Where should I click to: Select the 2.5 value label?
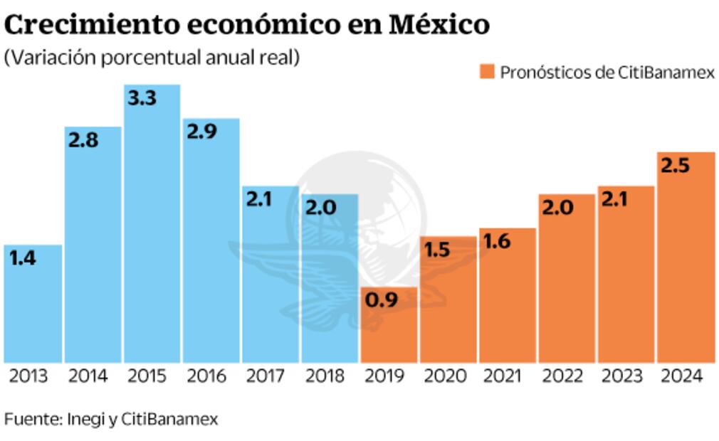(675, 166)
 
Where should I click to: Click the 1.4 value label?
(23, 258)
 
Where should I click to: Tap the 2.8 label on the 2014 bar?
(83, 140)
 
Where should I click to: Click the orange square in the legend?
(486, 73)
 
